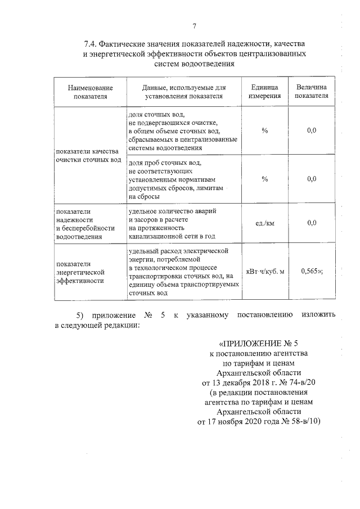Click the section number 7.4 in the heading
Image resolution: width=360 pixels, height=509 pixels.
pyautogui.click(x=91, y=44)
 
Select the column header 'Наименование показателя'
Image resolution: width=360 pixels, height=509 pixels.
pyautogui.click(x=90, y=92)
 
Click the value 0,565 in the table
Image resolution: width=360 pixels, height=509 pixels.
pyautogui.click(x=311, y=271)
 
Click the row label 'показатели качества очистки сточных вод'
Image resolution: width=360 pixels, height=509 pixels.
pyautogui.click(x=88, y=155)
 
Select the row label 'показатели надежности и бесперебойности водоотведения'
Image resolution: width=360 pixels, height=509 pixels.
pyautogui.click(x=84, y=223)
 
